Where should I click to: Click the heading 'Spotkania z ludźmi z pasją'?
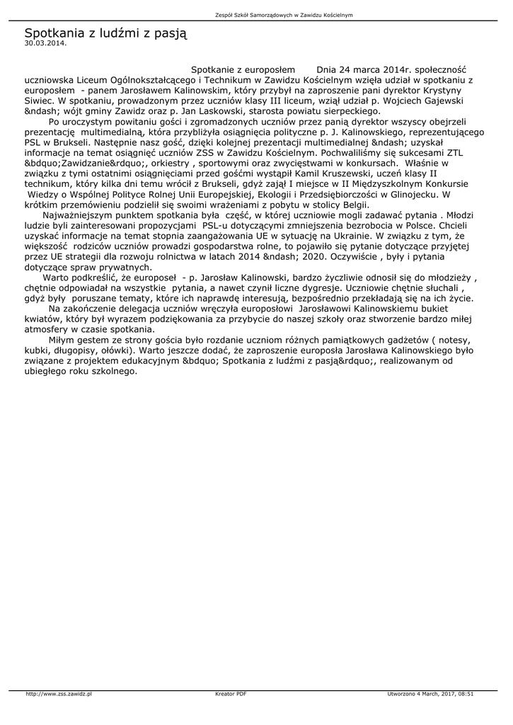pos(105,33)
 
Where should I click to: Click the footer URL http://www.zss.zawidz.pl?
pos(59,694)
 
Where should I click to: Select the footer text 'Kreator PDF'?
pos(231,694)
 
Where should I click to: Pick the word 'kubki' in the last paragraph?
pos(36,350)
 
